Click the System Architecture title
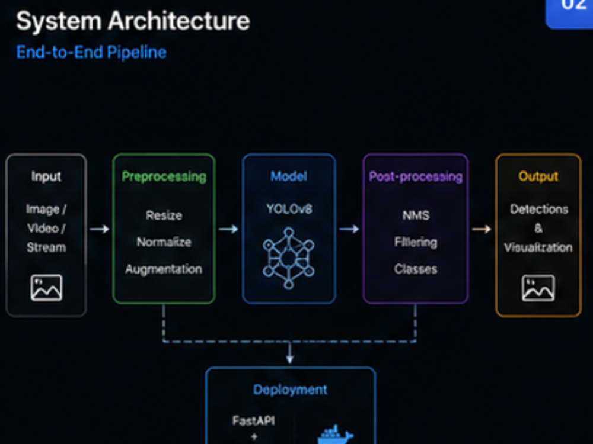133,21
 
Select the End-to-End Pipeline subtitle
91,52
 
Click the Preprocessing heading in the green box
164,176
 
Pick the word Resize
164,215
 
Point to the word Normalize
164,242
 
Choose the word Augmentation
164,269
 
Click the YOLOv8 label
289,209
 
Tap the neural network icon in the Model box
289,258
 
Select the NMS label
416,215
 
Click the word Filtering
416,242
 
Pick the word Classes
416,269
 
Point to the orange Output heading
538,176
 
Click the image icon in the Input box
46,288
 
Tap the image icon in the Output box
538,288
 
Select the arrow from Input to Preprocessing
100,229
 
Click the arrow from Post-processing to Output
482,229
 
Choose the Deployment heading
291,390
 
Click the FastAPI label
253,420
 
